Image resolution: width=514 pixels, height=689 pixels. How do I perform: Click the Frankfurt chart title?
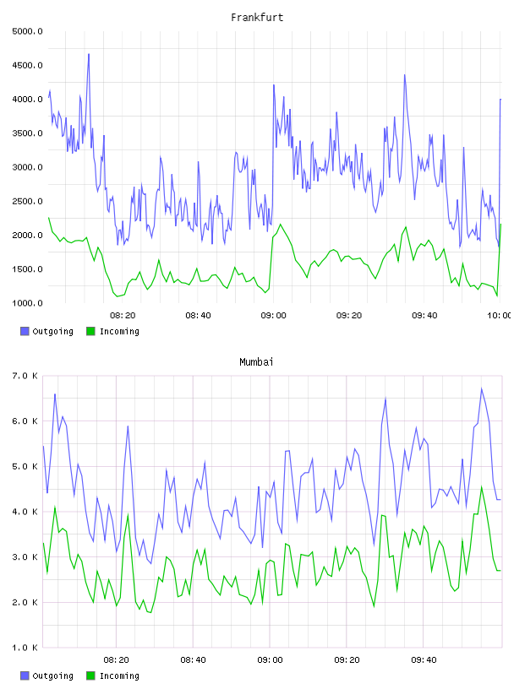[257, 18]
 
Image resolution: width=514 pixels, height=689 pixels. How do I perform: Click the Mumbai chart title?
[256, 362]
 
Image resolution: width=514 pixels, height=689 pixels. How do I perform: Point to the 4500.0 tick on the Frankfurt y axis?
[27, 66]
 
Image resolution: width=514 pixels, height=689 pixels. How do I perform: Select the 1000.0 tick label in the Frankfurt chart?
[27, 303]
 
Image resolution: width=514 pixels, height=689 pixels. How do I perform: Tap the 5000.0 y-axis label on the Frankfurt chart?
[27, 31]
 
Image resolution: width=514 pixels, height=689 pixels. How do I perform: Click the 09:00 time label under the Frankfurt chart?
[273, 316]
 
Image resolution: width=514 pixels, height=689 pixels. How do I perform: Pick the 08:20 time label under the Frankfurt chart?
[123, 316]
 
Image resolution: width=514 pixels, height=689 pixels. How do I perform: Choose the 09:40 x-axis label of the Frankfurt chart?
[424, 316]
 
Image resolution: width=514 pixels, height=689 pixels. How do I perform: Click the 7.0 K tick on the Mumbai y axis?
[25, 376]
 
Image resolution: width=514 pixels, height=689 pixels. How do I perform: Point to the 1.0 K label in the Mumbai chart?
[25, 648]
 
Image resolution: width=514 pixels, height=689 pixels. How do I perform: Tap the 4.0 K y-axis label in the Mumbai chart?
[25, 512]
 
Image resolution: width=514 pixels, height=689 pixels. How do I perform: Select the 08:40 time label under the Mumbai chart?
[193, 660]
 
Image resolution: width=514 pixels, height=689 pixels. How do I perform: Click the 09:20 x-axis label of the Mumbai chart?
[347, 660]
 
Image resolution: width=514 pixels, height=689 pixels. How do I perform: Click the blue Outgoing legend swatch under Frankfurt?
[25, 331]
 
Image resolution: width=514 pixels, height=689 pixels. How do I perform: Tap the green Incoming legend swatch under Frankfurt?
[90, 331]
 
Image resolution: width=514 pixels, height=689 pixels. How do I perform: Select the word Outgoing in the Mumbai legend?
[52, 675]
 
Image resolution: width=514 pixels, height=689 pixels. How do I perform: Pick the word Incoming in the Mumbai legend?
[119, 675]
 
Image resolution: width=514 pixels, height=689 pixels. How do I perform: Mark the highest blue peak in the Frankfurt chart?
[89, 55]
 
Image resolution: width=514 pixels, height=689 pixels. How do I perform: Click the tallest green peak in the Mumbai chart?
[482, 487]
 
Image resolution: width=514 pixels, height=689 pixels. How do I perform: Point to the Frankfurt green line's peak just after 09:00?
[281, 225]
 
